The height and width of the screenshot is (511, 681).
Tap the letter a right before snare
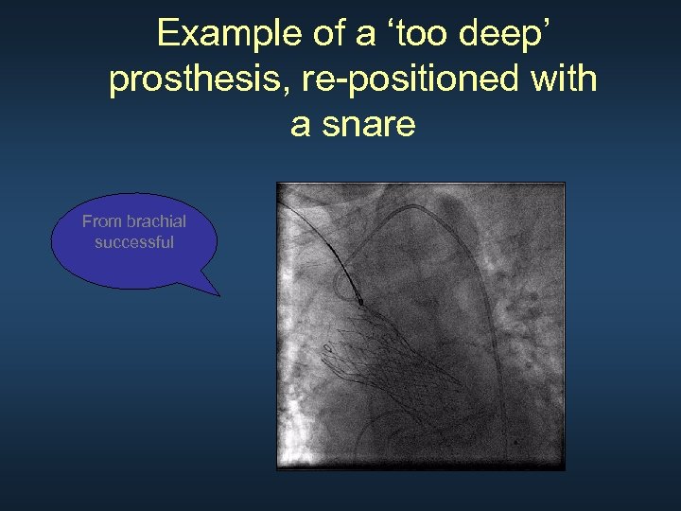click(x=301, y=124)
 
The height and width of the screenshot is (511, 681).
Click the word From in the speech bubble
click(x=101, y=221)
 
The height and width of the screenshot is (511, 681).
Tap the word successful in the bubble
click(x=134, y=242)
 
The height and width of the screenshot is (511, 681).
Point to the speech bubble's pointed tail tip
click(x=219, y=295)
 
